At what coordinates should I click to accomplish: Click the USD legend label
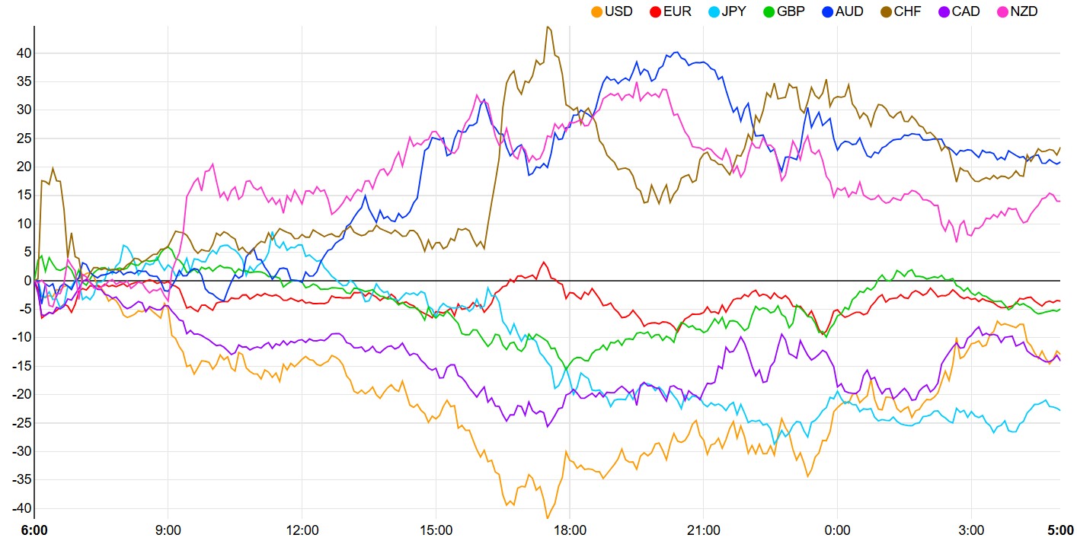point(618,11)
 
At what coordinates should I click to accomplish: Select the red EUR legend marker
point(655,12)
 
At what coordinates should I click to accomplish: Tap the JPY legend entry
point(727,11)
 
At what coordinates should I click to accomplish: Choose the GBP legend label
point(791,11)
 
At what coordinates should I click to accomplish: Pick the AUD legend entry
point(843,11)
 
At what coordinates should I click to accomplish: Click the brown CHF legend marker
point(886,12)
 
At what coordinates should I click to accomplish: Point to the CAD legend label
point(966,11)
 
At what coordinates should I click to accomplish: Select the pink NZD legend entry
point(1018,11)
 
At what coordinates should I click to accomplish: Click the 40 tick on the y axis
point(24,53)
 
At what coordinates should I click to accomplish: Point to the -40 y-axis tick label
point(21,508)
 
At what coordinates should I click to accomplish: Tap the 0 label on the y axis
point(28,281)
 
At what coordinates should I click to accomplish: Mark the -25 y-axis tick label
point(21,423)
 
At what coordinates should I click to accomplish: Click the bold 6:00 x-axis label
point(34,530)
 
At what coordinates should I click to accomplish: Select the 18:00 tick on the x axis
point(570,530)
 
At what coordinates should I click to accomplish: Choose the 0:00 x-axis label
point(837,530)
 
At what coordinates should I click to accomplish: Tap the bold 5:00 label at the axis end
point(1061,530)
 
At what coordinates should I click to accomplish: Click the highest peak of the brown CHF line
point(548,27)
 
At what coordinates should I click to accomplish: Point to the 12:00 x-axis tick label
point(302,530)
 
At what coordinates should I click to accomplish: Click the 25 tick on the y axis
point(24,138)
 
